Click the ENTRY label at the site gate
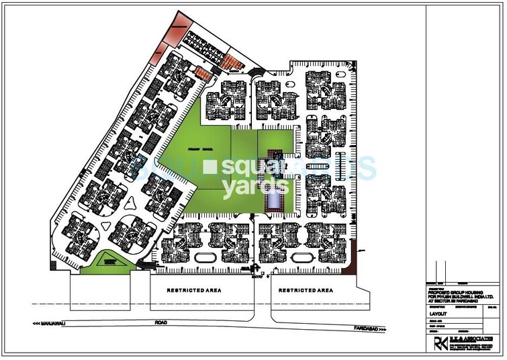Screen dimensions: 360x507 point(256,275)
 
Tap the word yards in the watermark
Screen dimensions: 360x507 point(244,187)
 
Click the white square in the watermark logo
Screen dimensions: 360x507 point(212,165)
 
